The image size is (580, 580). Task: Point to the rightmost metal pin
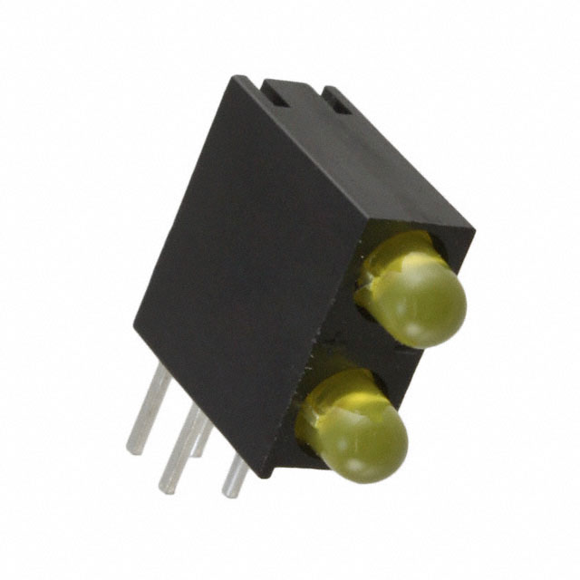235,476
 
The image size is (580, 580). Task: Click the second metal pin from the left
181,449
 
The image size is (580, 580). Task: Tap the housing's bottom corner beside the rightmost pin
264,473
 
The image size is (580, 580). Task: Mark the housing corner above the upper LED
471,227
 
